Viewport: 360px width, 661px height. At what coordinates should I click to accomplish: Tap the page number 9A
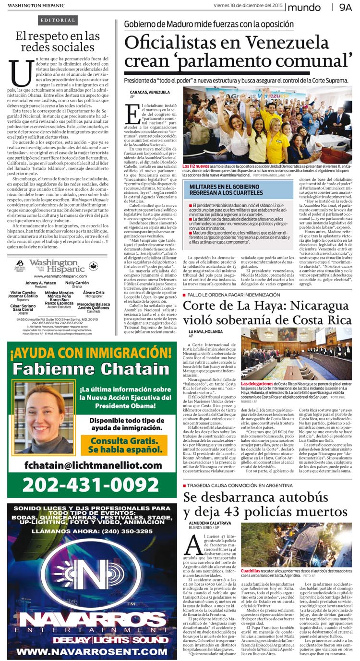tap(345, 7)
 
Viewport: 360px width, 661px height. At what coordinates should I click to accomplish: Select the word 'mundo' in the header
tap(305, 8)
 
